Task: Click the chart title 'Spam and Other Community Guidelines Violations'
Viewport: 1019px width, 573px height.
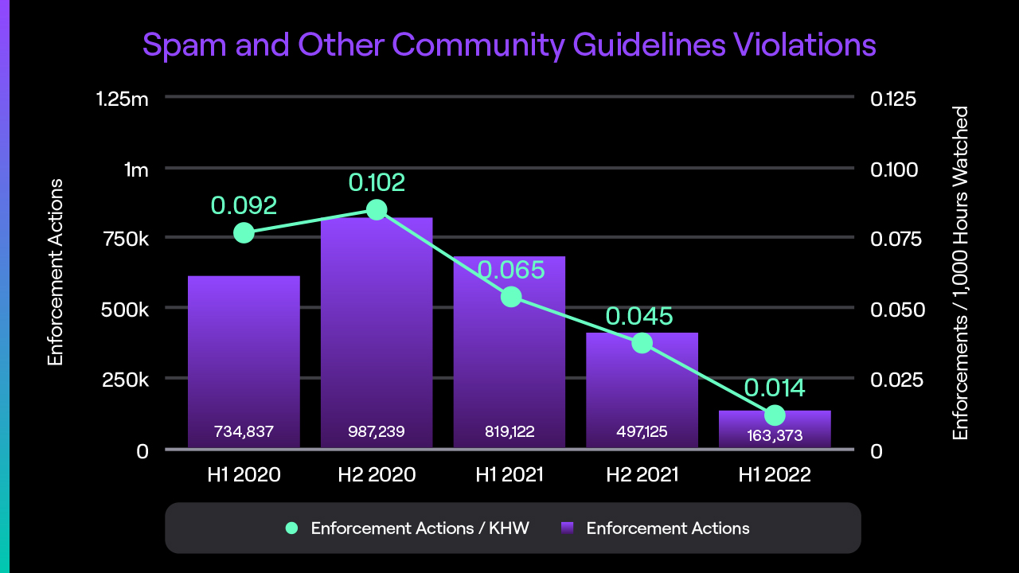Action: click(509, 45)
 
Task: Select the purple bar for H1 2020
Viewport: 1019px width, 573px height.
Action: click(244, 350)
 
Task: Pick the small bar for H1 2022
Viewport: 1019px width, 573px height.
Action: click(775, 420)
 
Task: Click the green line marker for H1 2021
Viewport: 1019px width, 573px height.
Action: click(511, 297)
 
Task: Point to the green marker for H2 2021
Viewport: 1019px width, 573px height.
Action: click(642, 343)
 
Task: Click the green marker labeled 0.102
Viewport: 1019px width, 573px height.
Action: click(377, 210)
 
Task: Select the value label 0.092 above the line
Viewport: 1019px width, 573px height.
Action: click(244, 205)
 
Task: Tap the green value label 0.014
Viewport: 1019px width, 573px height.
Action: click(775, 388)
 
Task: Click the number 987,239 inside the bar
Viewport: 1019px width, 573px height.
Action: click(377, 431)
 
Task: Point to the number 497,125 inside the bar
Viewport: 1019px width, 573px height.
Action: click(642, 431)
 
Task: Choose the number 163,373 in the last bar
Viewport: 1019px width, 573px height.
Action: click(775, 435)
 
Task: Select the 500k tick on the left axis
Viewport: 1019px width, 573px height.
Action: click(126, 309)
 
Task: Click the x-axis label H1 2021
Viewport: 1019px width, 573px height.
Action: click(509, 475)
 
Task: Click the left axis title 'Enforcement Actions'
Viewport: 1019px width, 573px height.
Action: click(55, 272)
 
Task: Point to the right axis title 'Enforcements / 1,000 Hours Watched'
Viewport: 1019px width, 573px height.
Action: click(961, 272)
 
